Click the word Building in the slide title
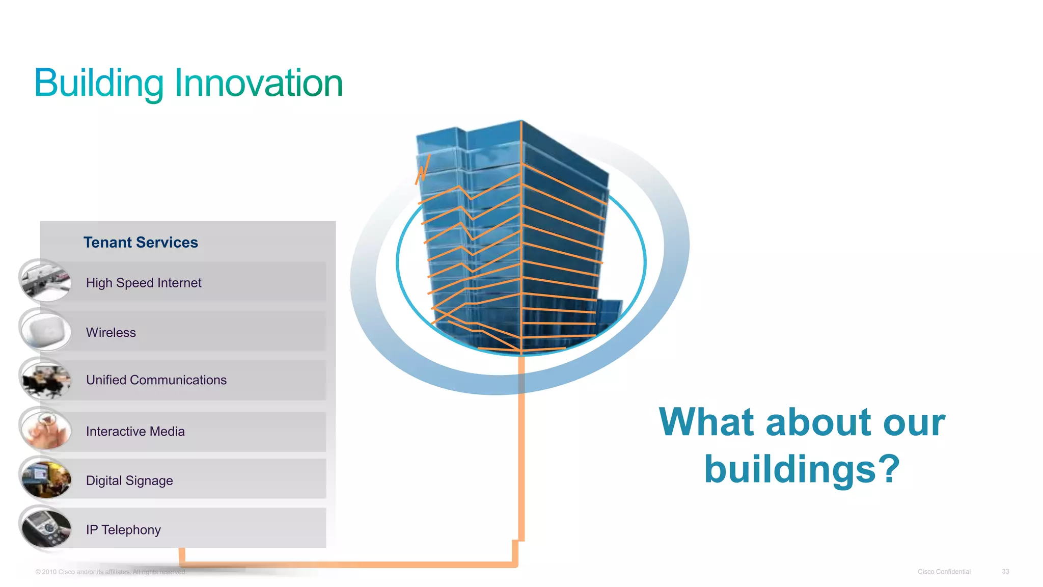pos(99,83)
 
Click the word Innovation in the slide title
pos(259,83)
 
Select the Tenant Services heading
pos(141,243)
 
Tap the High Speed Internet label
pos(144,283)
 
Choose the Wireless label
pos(111,333)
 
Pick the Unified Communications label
pos(156,380)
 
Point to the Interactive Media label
pos(135,432)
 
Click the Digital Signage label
pos(129,481)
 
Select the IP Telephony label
pos(123,530)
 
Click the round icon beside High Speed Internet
pos(46,281)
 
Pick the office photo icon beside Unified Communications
pos(46,380)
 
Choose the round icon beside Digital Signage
pos(46,479)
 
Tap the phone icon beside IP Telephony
pos(46,529)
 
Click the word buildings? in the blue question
pos(802,469)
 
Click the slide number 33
pos(1005,572)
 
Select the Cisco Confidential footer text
pos(944,572)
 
